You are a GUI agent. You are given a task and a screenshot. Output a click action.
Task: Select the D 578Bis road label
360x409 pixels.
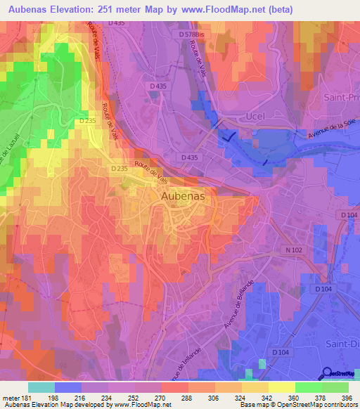(194, 34)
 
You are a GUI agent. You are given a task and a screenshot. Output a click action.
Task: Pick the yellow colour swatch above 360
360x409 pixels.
(281, 387)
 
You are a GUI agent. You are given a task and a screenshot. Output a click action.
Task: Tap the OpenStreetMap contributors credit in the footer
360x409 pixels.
(321, 405)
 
